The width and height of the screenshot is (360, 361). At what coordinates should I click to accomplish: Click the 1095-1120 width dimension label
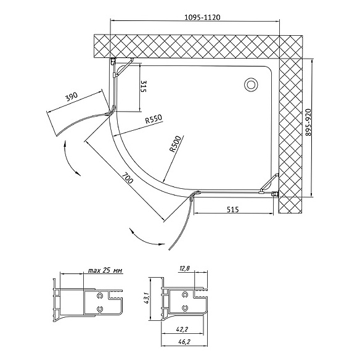click(x=202, y=17)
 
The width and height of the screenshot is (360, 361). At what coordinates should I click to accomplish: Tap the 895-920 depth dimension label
click(x=308, y=122)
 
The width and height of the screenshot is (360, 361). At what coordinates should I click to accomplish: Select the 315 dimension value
click(x=143, y=86)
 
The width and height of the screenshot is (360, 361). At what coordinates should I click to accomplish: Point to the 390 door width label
click(x=72, y=97)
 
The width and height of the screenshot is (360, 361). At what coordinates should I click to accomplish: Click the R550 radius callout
click(x=153, y=119)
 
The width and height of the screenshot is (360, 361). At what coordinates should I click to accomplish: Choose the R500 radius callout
click(x=175, y=144)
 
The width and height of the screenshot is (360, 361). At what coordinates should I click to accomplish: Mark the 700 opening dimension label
click(x=127, y=178)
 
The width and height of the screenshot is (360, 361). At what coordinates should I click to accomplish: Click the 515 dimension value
click(x=233, y=210)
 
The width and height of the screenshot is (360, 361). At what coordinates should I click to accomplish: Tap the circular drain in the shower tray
click(x=251, y=85)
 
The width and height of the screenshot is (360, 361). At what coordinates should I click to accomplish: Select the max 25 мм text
click(x=105, y=270)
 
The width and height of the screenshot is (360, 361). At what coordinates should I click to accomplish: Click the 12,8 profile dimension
click(x=184, y=268)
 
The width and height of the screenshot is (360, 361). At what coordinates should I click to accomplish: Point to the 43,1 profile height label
click(x=147, y=298)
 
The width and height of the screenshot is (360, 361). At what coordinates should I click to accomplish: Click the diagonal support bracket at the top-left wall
click(x=125, y=67)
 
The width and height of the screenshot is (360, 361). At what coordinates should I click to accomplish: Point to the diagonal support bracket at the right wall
click(x=269, y=183)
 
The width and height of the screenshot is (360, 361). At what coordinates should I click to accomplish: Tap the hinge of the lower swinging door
click(x=193, y=194)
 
